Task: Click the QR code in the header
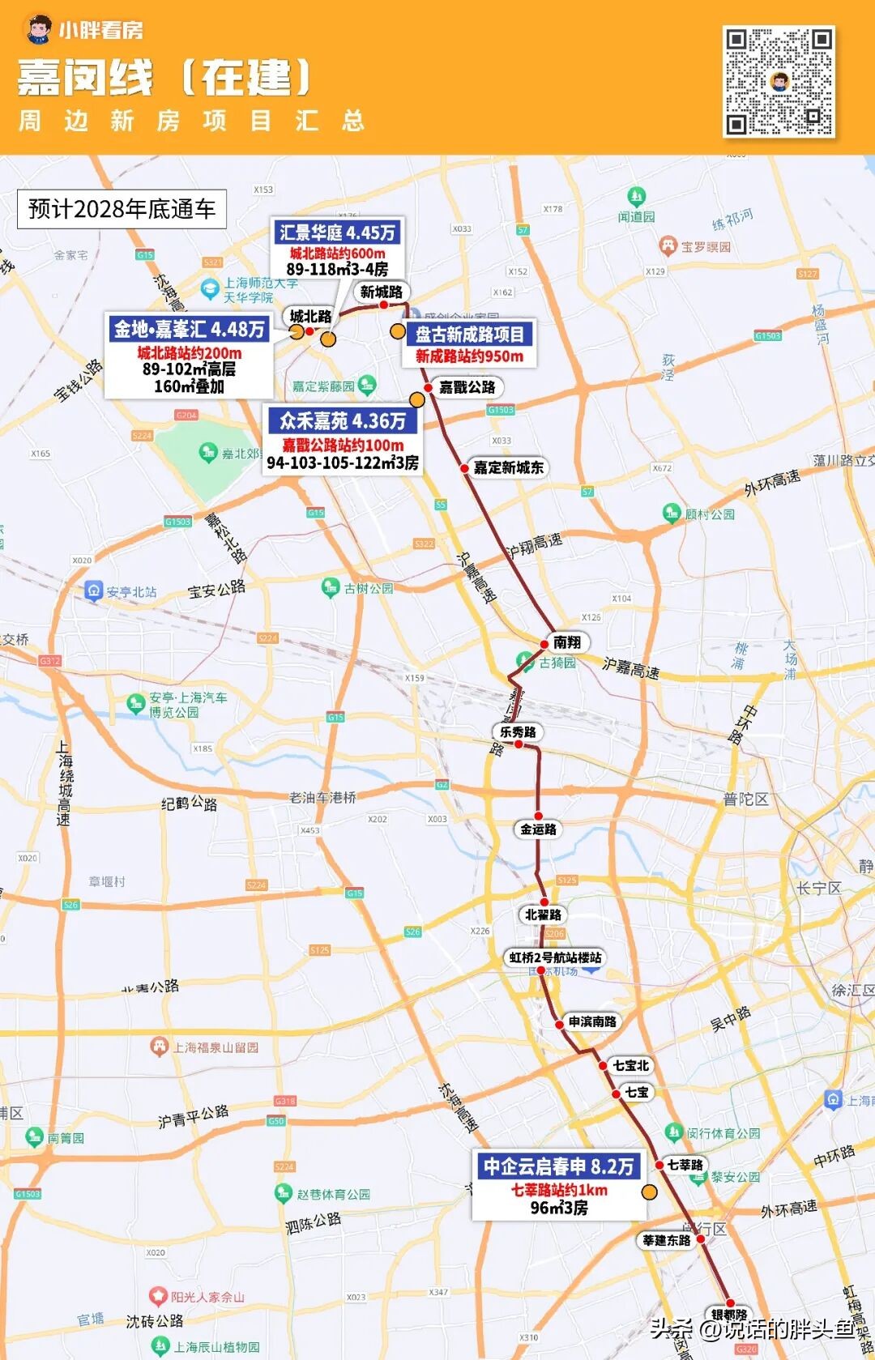(778, 81)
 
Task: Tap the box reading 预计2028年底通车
(122, 209)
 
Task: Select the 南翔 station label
(567, 642)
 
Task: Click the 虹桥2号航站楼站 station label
(556, 957)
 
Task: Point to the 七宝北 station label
(630, 1065)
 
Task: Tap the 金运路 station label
(538, 829)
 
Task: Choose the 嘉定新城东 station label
(508, 467)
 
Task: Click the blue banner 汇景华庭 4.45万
(337, 232)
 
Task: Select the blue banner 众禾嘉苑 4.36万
(343, 420)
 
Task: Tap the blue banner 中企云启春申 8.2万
(558, 1166)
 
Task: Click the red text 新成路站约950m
(469, 356)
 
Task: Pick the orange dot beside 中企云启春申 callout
(649, 1192)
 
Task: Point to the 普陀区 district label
(745, 799)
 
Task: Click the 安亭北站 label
(130, 592)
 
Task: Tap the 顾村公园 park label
(709, 514)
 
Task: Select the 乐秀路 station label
(518, 731)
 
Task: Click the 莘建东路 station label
(667, 1240)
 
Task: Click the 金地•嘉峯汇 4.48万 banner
(189, 329)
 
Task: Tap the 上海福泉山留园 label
(215, 1047)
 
